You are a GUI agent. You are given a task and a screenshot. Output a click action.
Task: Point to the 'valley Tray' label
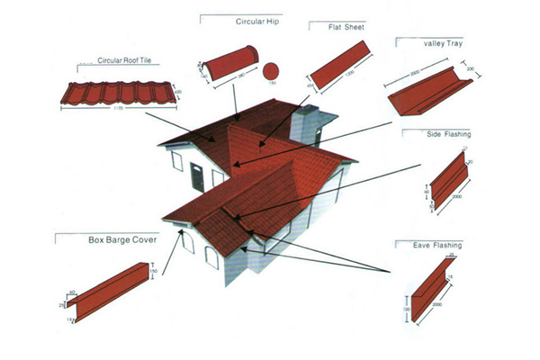pyautogui.click(x=442, y=43)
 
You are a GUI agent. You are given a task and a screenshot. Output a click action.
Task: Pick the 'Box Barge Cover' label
pyautogui.click(x=121, y=240)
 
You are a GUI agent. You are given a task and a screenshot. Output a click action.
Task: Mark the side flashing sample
pyautogui.click(x=450, y=179)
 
